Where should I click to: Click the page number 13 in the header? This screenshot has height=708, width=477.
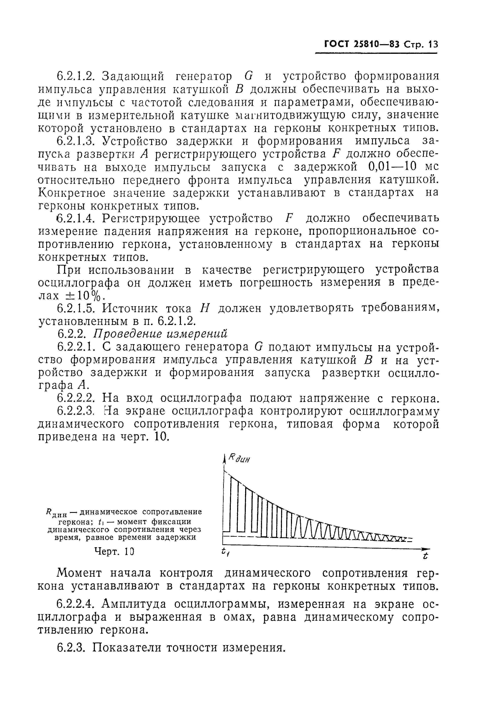(x=433, y=45)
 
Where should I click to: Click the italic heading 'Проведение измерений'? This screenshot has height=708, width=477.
(x=160, y=334)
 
